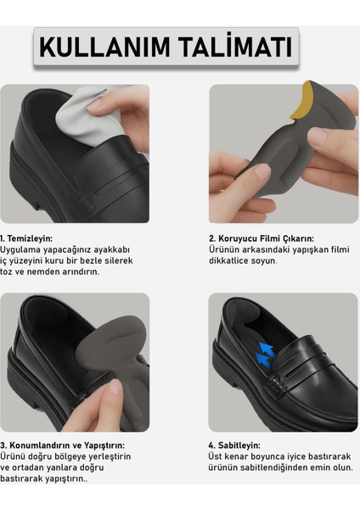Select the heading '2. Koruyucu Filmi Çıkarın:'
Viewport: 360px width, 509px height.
[x=262, y=238]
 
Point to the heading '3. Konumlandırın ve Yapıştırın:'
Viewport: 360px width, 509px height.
[x=63, y=445]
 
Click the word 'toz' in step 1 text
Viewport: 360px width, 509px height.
[x=8, y=272]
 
